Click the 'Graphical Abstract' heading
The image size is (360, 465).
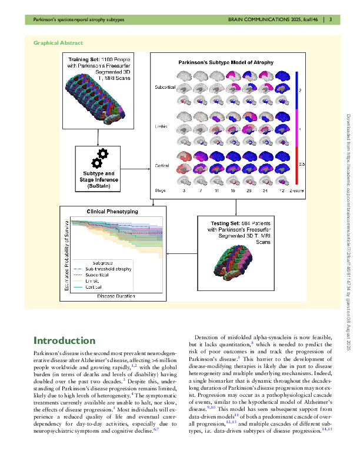(x=58, y=43)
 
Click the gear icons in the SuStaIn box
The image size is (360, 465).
(x=98, y=158)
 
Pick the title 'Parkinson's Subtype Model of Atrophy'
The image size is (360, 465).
(x=226, y=62)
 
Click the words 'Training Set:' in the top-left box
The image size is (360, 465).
(x=85, y=59)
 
